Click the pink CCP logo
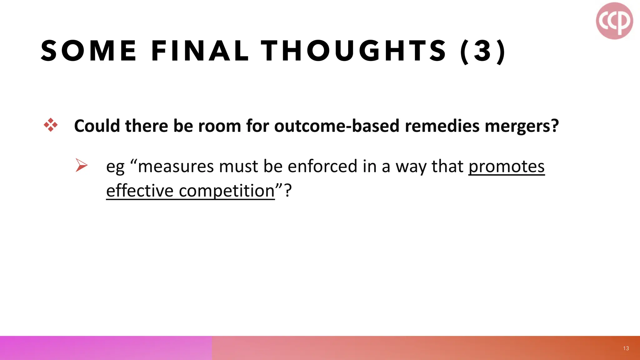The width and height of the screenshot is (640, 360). [614, 21]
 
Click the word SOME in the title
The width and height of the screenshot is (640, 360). [89, 51]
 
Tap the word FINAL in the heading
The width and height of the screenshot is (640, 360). [200, 51]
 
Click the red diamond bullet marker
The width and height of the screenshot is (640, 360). [51, 125]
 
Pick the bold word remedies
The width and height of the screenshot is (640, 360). [442, 126]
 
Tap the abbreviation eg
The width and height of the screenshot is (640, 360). [115, 167]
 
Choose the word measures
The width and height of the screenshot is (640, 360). [176, 166]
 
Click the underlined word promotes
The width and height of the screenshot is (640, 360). [506, 167]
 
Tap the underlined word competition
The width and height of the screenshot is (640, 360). [227, 191]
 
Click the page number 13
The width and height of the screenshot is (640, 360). [626, 348]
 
